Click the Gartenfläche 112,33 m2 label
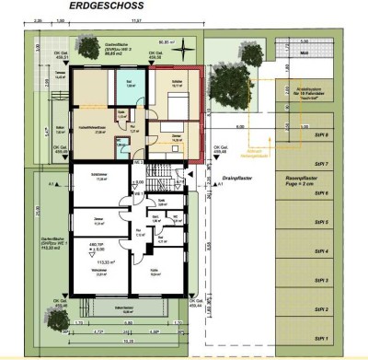coord(39,244)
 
